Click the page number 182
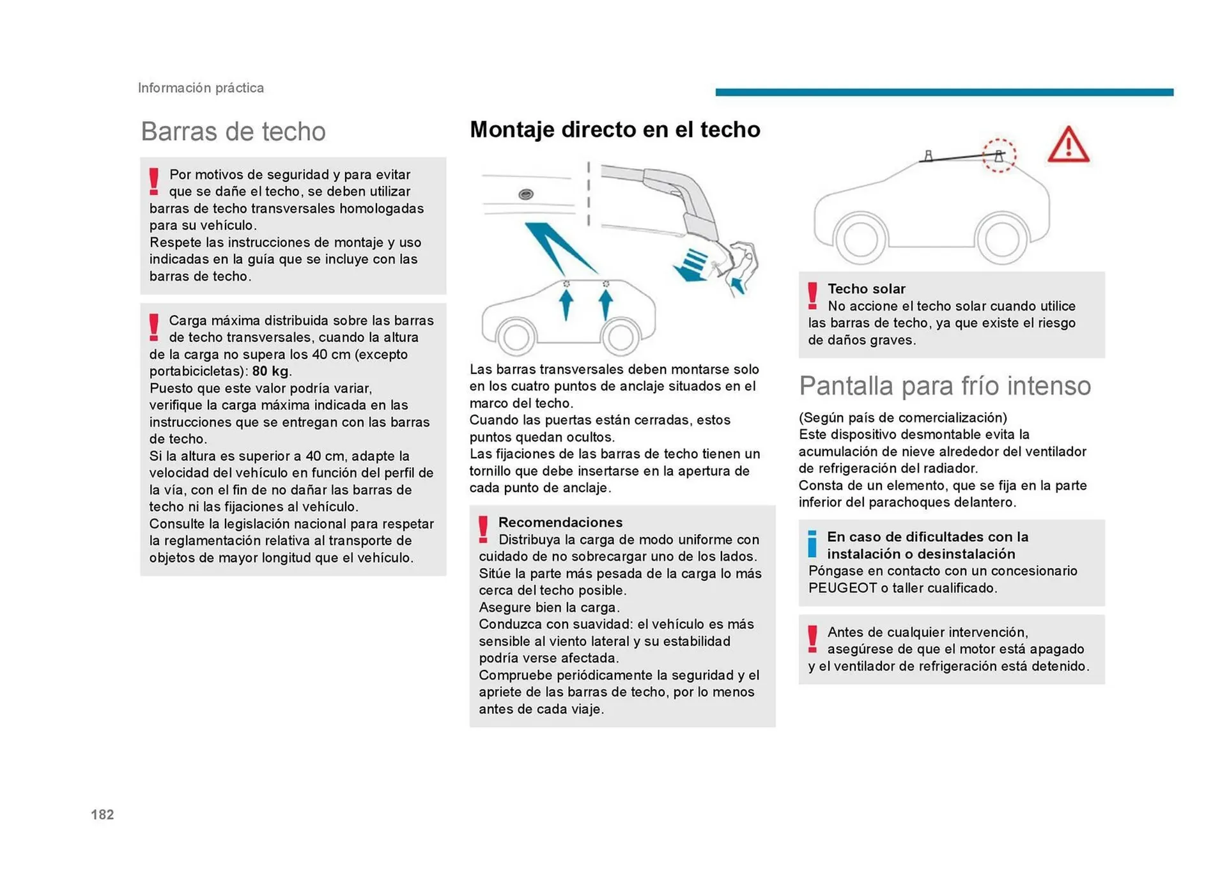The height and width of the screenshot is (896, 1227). click(x=102, y=814)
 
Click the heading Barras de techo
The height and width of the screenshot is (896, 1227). click(x=233, y=131)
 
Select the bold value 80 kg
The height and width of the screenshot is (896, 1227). click(x=270, y=371)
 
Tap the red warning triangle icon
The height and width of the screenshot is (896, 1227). click(x=1068, y=146)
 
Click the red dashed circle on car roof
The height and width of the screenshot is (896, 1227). click(x=998, y=155)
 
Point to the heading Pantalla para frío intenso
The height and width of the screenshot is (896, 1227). click(x=945, y=386)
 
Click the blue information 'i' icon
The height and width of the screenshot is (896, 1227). click(x=812, y=544)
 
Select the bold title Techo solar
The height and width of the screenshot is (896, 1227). click(x=866, y=289)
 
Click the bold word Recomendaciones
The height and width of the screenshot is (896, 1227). click(x=560, y=522)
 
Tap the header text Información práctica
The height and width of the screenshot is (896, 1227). click(x=201, y=88)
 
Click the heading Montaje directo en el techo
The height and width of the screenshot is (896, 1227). click(x=615, y=130)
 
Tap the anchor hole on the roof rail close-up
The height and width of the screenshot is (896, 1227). click(x=526, y=194)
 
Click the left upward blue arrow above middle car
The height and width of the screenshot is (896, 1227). click(x=566, y=304)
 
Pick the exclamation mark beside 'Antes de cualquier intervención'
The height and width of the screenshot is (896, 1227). click(x=812, y=639)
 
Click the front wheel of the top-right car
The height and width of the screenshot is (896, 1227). click(x=1001, y=239)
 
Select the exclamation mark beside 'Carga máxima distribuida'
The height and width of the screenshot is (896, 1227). click(x=153, y=327)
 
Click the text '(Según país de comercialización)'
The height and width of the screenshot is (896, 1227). click(x=902, y=418)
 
